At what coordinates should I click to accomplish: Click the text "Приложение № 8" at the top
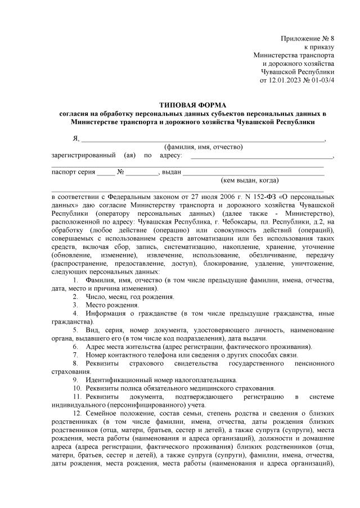click(308, 38)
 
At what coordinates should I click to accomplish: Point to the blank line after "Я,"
click(202, 139)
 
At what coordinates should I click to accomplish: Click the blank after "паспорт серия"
click(105, 173)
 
